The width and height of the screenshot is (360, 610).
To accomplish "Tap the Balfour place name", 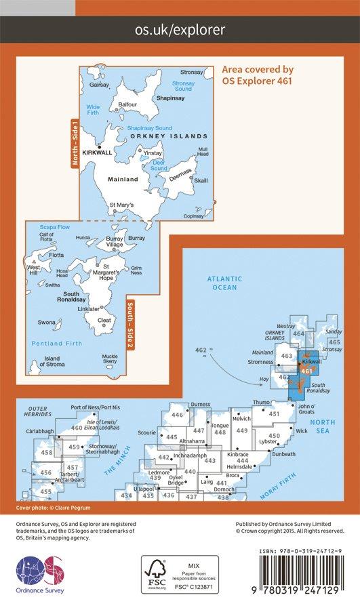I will click(127, 104).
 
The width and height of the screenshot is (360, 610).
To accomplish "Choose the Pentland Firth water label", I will click(56, 344).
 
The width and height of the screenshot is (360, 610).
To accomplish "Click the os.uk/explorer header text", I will click(180, 30).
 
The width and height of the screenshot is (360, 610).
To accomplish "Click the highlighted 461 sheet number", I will click(306, 371).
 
